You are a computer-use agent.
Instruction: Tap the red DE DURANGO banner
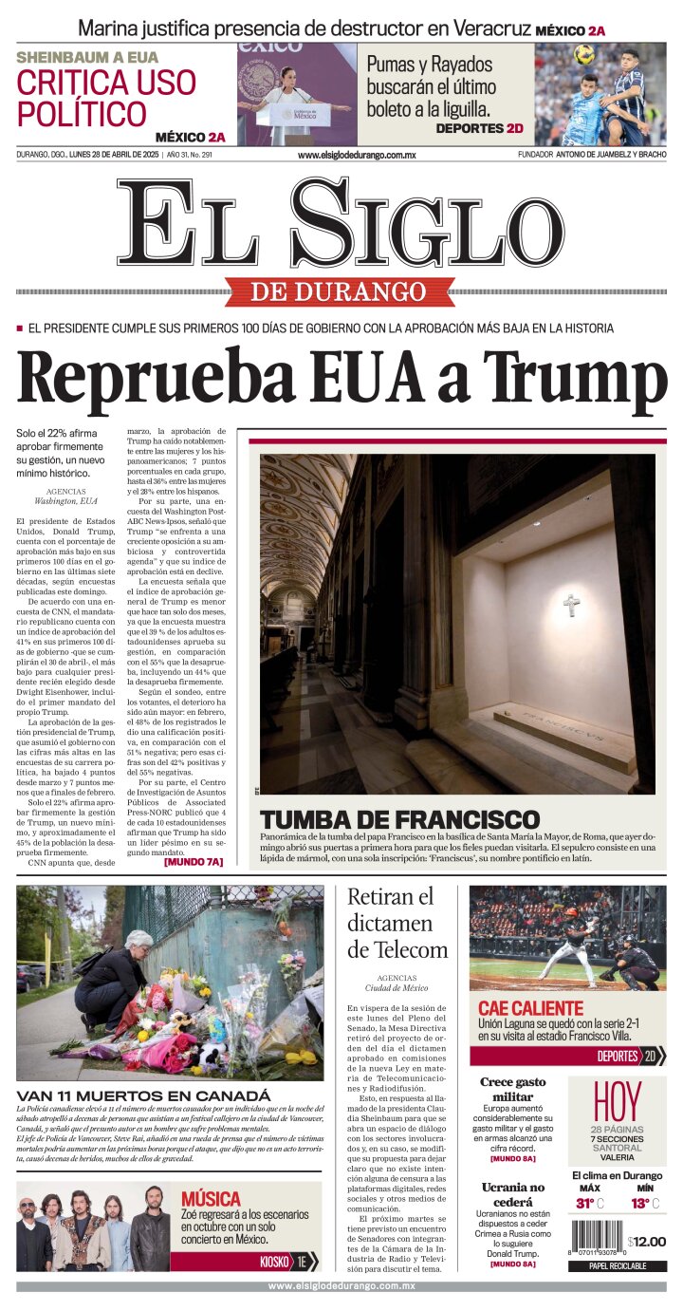(338, 291)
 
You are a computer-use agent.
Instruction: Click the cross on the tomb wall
(571, 604)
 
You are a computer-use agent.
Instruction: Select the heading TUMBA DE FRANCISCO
(399, 819)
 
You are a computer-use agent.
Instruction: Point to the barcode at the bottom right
(596, 1240)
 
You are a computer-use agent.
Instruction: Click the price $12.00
(647, 1241)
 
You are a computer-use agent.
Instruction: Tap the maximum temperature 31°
(589, 1204)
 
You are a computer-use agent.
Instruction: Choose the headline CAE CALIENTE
(530, 1008)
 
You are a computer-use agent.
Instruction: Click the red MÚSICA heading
(211, 1198)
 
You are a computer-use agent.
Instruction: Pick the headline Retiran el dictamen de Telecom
(397, 923)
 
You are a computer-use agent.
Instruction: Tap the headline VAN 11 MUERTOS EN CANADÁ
(143, 1096)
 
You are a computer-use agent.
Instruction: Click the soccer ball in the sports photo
(583, 54)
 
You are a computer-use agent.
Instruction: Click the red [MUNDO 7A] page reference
(194, 862)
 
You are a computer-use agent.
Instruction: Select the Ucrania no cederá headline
(512, 1194)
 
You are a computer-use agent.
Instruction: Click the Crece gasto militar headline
(512, 1090)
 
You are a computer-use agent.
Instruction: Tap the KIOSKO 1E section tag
(288, 1262)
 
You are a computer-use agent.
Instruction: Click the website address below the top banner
(357, 155)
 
